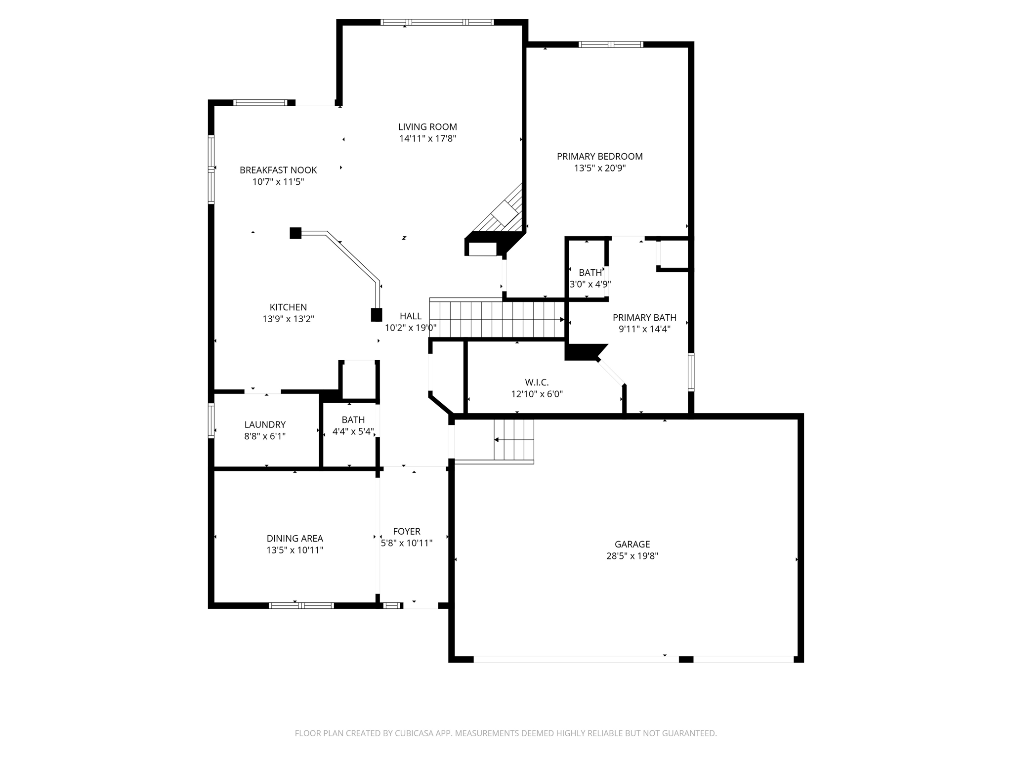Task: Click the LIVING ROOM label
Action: [x=427, y=127]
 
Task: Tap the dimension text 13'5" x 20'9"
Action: [x=599, y=168]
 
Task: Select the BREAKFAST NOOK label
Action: [x=278, y=170]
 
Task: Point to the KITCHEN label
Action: [x=288, y=307]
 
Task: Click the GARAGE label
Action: [x=632, y=544]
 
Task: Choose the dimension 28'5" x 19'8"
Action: [x=632, y=556]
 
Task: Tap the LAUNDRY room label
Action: [x=265, y=424]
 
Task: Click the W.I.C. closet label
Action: [x=537, y=382]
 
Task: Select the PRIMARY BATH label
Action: [x=644, y=318]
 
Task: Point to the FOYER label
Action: [x=407, y=531]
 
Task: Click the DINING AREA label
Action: [x=295, y=539]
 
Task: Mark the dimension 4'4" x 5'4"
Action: [x=353, y=431]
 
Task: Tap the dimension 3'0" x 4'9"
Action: [x=590, y=285]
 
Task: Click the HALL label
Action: [x=411, y=316]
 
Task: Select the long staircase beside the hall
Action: [x=497, y=319]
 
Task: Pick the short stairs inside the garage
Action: [x=514, y=440]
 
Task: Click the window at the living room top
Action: [x=437, y=22]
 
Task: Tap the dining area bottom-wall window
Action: [x=301, y=605]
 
